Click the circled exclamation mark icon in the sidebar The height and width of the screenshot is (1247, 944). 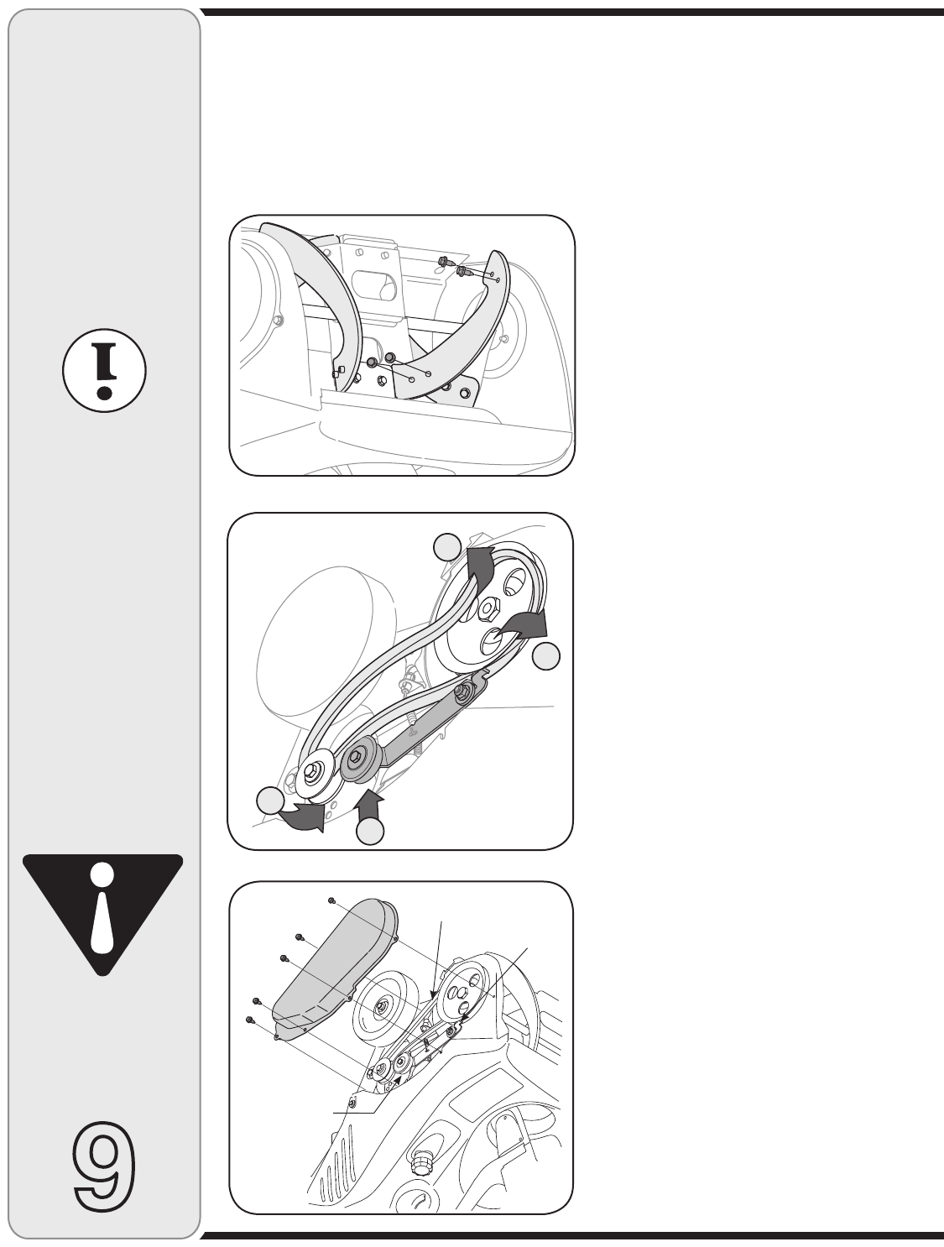pos(104,370)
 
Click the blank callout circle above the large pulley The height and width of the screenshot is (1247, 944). pos(447,547)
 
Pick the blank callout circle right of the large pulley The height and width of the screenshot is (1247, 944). pos(545,656)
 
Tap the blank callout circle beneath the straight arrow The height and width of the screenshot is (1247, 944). pos(370,831)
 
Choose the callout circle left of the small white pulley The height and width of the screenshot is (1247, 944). pos(270,801)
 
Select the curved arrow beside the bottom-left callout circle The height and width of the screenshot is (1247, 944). pos(304,817)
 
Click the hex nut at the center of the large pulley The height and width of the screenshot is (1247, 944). pos(488,609)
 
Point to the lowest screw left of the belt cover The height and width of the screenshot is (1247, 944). pos(248,1020)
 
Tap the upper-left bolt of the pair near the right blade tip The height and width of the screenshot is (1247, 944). pos(444,262)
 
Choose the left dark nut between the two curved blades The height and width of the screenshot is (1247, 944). pos(372,363)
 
